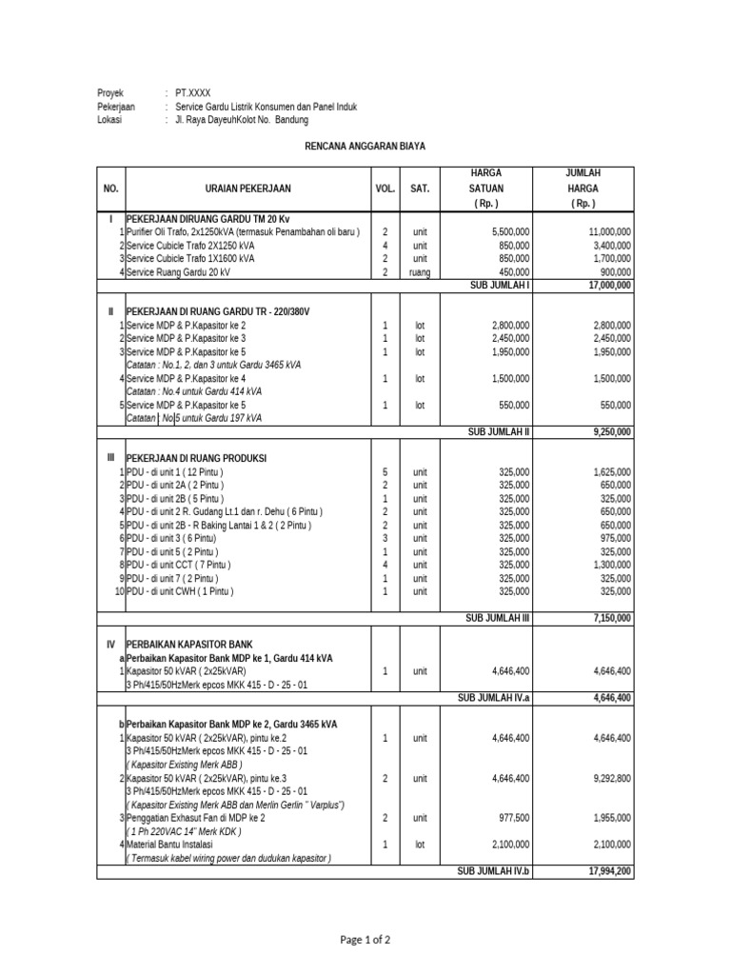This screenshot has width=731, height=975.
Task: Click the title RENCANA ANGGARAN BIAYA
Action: click(365, 146)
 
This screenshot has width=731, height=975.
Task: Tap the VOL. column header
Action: click(385, 189)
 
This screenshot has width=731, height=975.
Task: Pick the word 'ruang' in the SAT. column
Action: click(420, 272)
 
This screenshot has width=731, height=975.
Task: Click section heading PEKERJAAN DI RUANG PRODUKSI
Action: click(197, 458)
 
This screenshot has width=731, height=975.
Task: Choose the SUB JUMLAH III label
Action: click(498, 618)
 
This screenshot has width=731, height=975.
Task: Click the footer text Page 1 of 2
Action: click(365, 940)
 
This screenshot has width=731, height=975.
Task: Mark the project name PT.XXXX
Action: click(193, 93)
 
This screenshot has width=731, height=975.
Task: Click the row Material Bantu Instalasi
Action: click(170, 845)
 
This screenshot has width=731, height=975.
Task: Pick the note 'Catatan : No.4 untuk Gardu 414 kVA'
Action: click(193, 391)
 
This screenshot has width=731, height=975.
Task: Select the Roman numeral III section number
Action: click(110, 458)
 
